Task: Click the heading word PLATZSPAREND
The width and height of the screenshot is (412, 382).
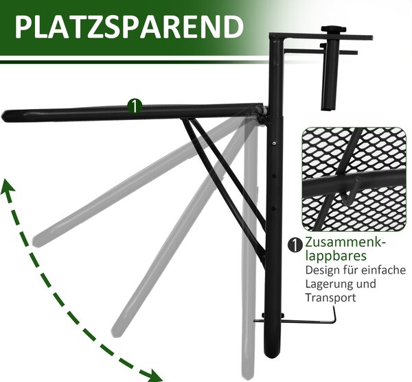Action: [x=129, y=27]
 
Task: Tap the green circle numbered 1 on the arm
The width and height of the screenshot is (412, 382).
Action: [x=135, y=106]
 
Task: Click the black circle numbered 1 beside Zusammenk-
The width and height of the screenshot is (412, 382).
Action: [x=295, y=245]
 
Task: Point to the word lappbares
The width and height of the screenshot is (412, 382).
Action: [x=336, y=256]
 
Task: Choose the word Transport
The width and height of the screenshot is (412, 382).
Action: [x=330, y=298]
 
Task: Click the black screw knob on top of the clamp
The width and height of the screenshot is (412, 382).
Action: [x=334, y=29]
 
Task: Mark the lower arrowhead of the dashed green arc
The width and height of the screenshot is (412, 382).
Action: [x=153, y=374]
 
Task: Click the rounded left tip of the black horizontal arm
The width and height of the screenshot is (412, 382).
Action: [x=3, y=116]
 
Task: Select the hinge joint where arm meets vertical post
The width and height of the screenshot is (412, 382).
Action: [x=261, y=115]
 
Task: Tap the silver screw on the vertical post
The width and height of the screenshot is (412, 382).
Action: [x=274, y=143]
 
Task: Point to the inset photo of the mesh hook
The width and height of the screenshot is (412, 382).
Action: [x=354, y=179]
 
